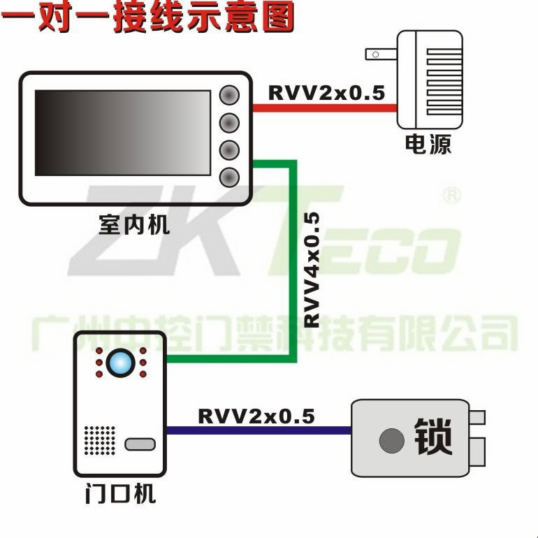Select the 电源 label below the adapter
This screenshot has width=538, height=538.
[x=428, y=144]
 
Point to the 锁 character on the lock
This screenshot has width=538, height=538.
[x=433, y=437]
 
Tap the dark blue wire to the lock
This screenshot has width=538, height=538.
[x=259, y=430]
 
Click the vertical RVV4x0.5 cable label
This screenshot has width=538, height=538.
[x=312, y=270]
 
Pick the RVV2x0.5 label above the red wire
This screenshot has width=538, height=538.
[x=327, y=92]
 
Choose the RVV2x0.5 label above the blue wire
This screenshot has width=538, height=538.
[x=256, y=416]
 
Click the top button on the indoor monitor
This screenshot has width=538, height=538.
[x=229, y=95]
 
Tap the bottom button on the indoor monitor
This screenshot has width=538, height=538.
[x=229, y=177]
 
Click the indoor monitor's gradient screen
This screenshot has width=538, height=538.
[x=122, y=133]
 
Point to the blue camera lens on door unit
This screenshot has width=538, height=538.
[x=120, y=363]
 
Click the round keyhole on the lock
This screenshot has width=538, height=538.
[x=392, y=440]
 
